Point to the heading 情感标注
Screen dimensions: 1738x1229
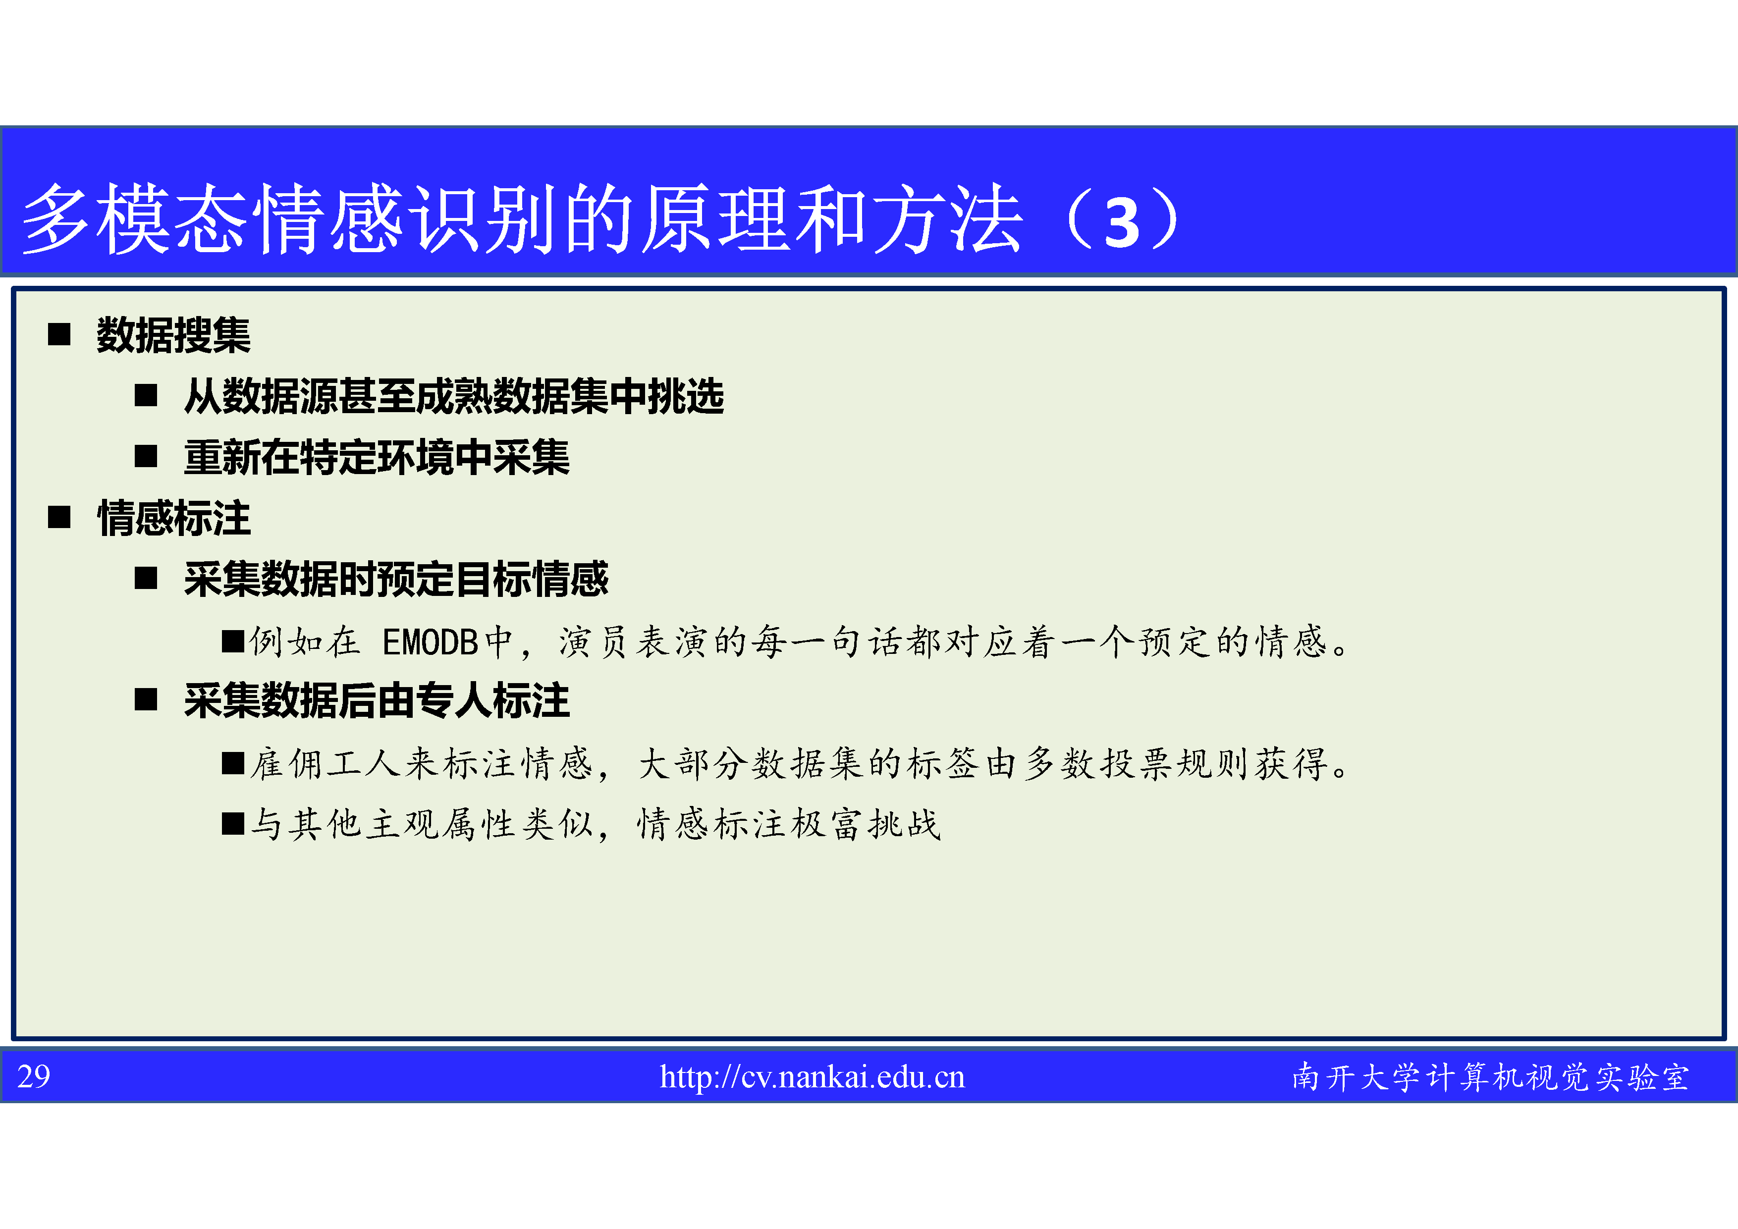point(173,518)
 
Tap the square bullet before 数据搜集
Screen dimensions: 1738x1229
point(59,334)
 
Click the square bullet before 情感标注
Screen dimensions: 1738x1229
point(59,518)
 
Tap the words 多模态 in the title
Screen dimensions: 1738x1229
point(134,219)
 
